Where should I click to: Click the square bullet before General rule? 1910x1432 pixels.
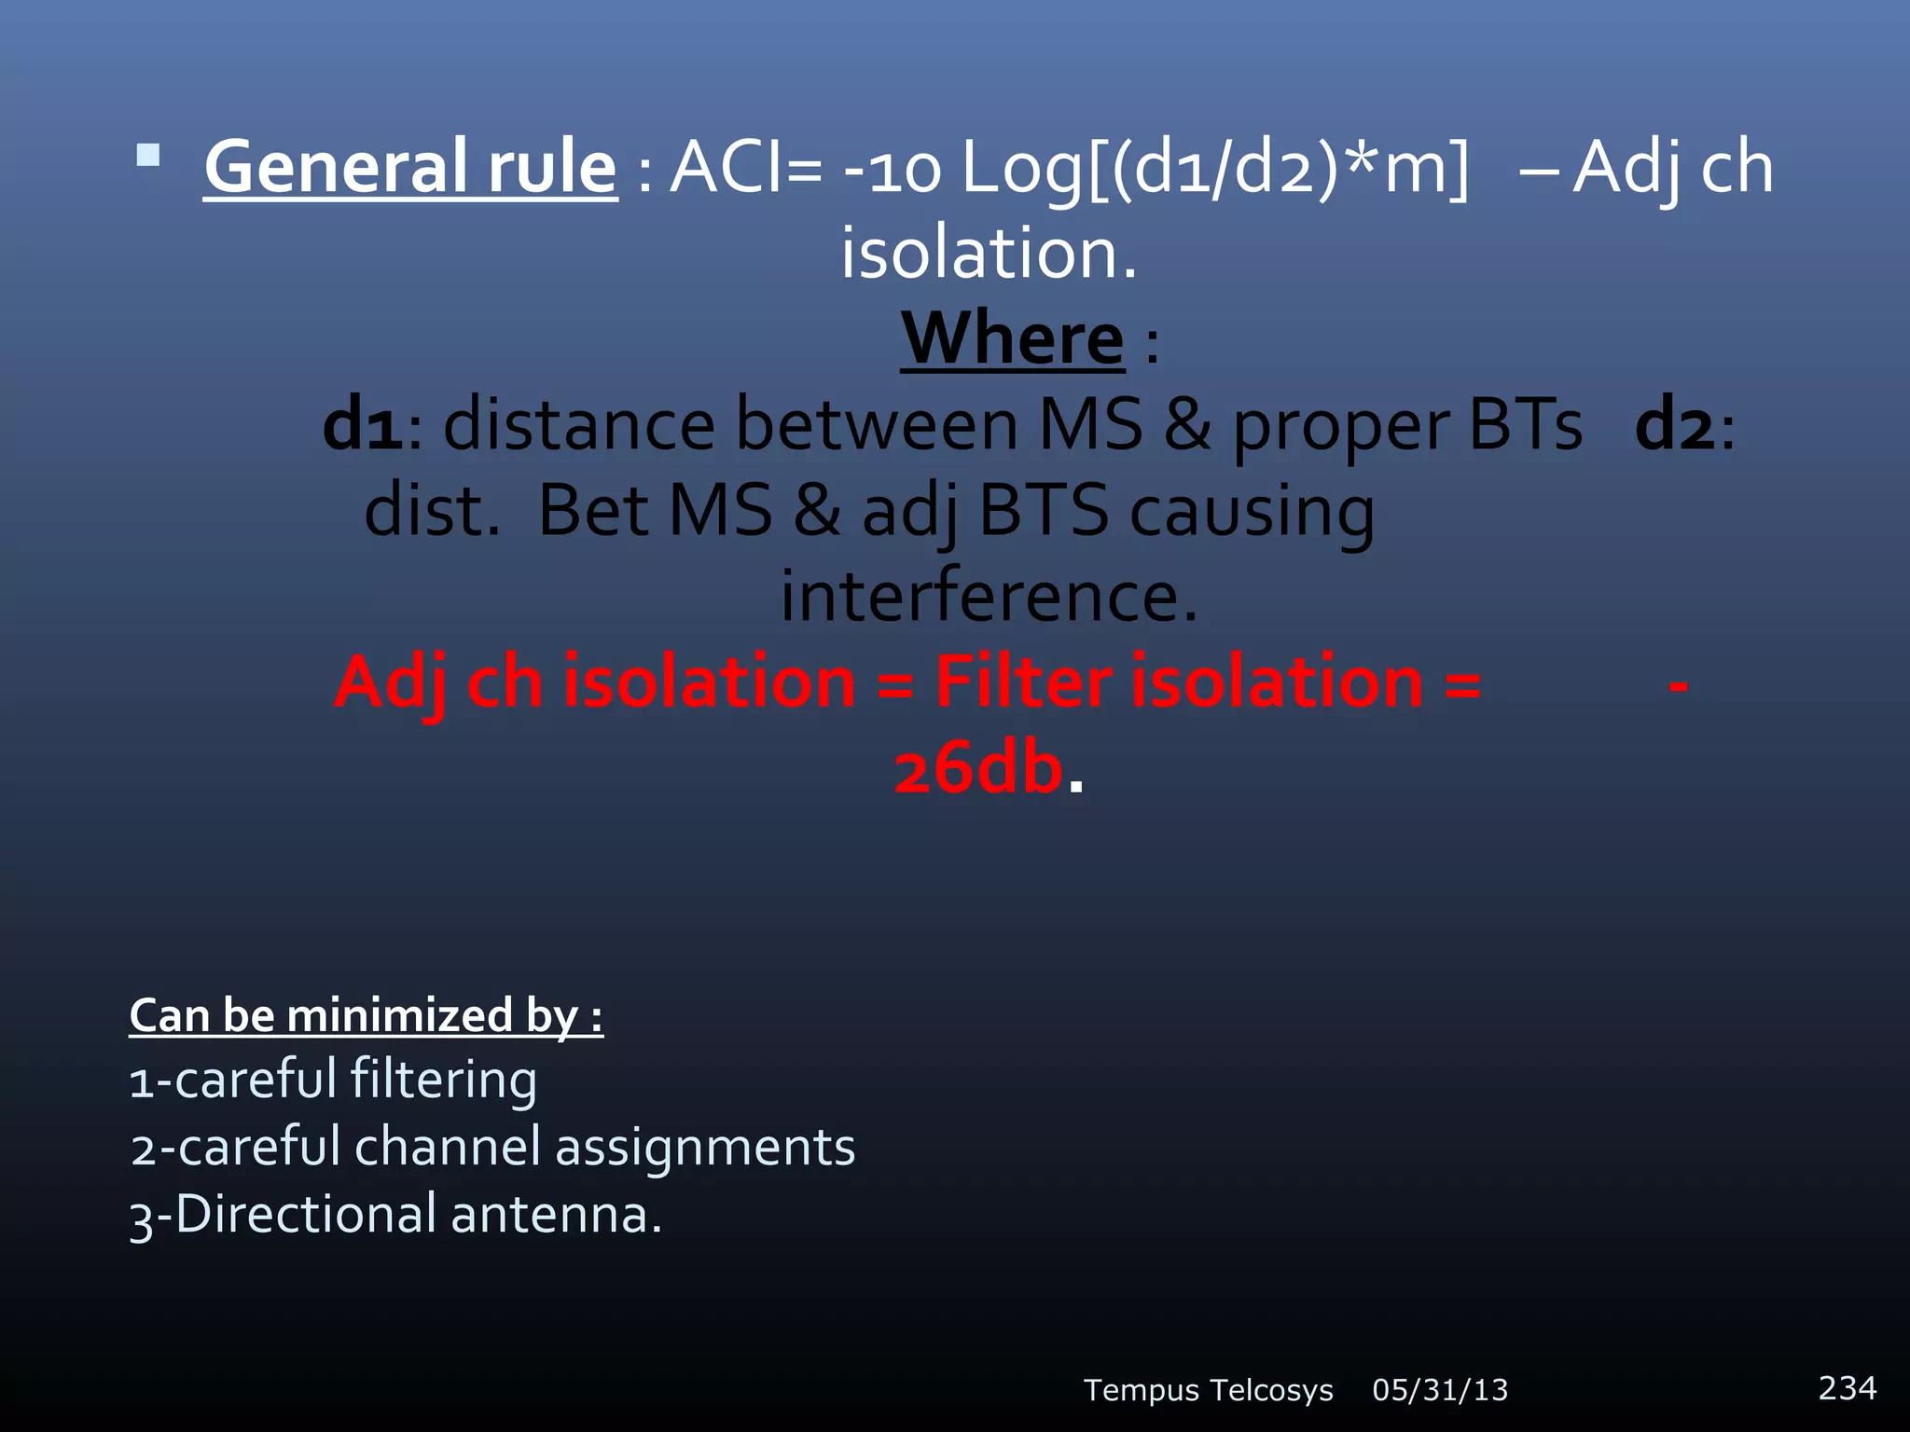148,155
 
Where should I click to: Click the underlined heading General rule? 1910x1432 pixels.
410,168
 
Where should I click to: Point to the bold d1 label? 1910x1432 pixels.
364,425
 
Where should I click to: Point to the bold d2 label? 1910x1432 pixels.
1675,425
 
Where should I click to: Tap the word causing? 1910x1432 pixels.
1252,513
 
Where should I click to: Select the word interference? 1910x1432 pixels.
989,597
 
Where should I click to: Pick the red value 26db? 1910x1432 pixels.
977,769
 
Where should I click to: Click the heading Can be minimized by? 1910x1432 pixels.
366,1015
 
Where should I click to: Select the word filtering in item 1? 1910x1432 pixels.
443,1080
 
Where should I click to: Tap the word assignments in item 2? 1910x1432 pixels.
705,1147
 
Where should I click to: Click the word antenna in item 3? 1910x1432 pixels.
556,1215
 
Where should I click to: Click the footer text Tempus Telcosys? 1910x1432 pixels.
1208,1390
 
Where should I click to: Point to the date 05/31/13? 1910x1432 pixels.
1440,1390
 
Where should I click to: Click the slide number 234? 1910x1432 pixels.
1847,1387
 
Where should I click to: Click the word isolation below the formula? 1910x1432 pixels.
989,254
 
